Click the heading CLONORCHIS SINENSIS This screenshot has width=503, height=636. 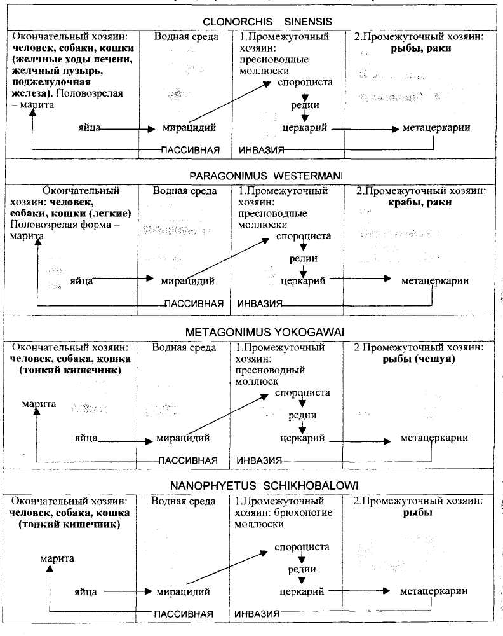point(267,22)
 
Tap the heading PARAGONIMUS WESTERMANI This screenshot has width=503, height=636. point(267,174)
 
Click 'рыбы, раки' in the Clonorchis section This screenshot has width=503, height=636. point(420,48)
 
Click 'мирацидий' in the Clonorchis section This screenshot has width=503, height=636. point(189,128)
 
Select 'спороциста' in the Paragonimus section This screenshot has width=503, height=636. point(304,236)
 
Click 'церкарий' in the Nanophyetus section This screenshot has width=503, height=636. point(302,591)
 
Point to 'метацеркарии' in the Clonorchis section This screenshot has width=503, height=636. point(436,128)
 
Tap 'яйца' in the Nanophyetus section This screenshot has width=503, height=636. point(84,592)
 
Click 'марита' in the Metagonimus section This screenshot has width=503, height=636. point(39,404)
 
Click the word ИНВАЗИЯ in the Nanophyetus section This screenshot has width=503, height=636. point(257,614)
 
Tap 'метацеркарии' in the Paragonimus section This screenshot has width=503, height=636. point(435,280)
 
